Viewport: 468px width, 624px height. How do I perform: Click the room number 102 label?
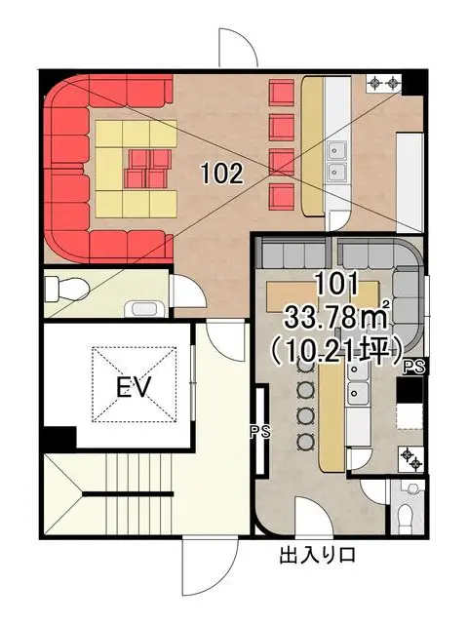(222, 174)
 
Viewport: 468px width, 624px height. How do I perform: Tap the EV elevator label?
(135, 387)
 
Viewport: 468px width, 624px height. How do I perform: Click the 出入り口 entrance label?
(317, 556)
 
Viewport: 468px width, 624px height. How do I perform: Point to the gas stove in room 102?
(383, 84)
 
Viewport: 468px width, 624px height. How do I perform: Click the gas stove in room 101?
(411, 459)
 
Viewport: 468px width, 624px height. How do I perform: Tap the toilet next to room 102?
(65, 289)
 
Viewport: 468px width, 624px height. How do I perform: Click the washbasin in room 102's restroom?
(143, 309)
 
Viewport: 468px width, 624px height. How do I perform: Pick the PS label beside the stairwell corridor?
(260, 432)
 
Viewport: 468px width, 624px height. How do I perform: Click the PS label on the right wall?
(414, 367)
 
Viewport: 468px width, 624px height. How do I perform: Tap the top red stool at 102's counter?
(282, 93)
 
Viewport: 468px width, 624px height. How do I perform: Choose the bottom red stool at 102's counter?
(282, 197)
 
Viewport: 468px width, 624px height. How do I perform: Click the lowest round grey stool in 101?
(305, 440)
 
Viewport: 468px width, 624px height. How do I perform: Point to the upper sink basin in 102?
(337, 150)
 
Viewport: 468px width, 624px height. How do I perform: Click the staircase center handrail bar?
(128, 494)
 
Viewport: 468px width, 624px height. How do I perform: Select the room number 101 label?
(336, 285)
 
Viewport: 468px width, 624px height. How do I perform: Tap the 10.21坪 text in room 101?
(336, 351)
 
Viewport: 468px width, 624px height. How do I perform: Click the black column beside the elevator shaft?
(59, 437)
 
